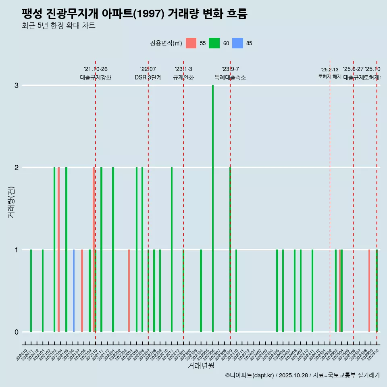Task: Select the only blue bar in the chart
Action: [x=74, y=291]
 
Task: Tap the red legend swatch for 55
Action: [x=191, y=43]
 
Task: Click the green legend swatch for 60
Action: [x=214, y=43]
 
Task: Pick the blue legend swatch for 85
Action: [x=238, y=43]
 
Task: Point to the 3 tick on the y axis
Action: [x=17, y=85]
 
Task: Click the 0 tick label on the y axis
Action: [x=17, y=332]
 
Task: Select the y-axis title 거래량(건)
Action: [x=11, y=202]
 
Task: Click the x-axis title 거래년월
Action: [x=201, y=366]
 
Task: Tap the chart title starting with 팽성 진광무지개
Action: [x=134, y=14]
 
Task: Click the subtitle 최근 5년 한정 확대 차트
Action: [x=58, y=26]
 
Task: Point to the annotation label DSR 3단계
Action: [x=148, y=77]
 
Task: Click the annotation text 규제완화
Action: [x=183, y=77]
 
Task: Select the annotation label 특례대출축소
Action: [x=230, y=77]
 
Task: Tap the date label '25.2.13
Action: [x=330, y=70]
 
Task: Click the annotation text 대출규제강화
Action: [x=96, y=77]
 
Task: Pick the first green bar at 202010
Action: [x=31, y=291]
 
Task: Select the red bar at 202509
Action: [x=369, y=291]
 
